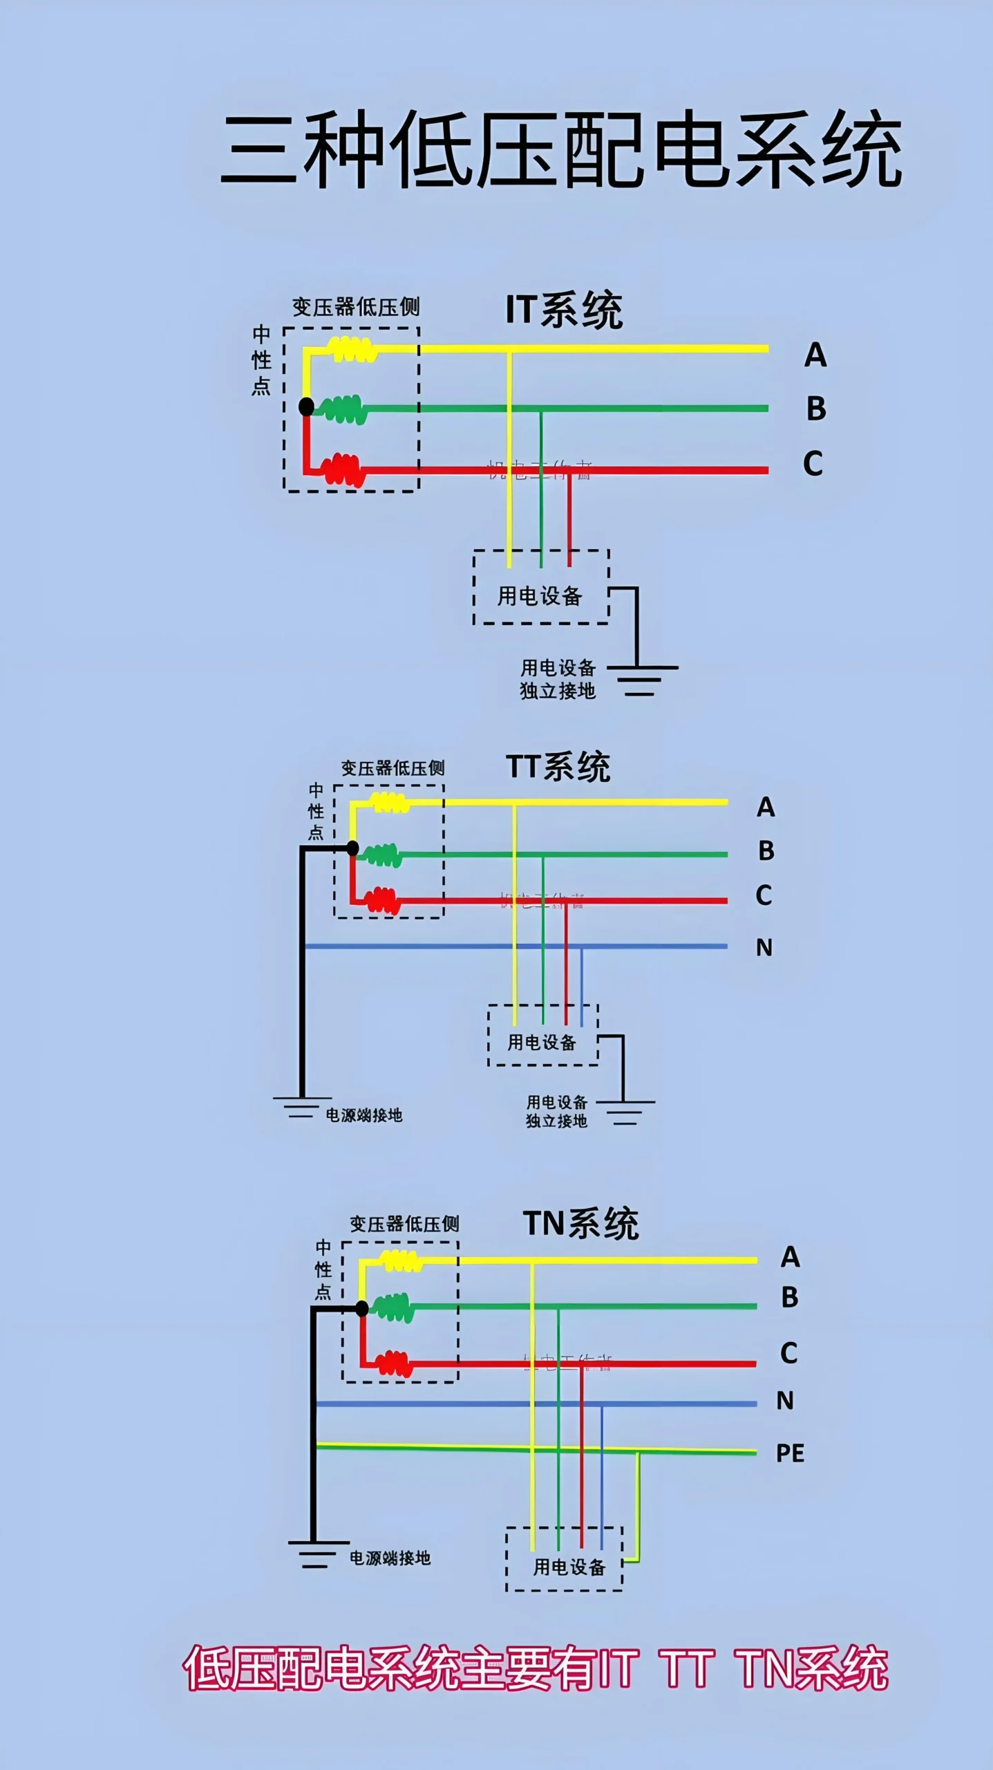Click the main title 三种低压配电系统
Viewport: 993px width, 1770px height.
tap(561, 149)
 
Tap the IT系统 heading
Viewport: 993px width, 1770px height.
tap(564, 310)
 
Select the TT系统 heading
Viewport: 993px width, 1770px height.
tap(558, 767)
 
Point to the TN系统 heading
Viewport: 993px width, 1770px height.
tap(580, 1224)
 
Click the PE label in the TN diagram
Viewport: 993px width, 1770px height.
tap(790, 1453)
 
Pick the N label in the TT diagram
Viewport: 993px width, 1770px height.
tap(764, 947)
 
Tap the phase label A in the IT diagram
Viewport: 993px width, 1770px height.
tap(815, 355)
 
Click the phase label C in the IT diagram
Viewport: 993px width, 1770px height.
tap(813, 463)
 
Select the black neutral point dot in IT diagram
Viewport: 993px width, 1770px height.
tap(306, 407)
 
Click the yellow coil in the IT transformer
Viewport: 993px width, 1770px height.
tap(352, 349)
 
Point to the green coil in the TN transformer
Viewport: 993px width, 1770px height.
tap(394, 1307)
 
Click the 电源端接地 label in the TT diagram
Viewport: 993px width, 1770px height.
tap(363, 1115)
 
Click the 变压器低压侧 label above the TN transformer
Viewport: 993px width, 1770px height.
tap(404, 1224)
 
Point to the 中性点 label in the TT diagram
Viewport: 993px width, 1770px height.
tap(316, 811)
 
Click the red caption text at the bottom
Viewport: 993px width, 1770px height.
tap(536, 1668)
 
